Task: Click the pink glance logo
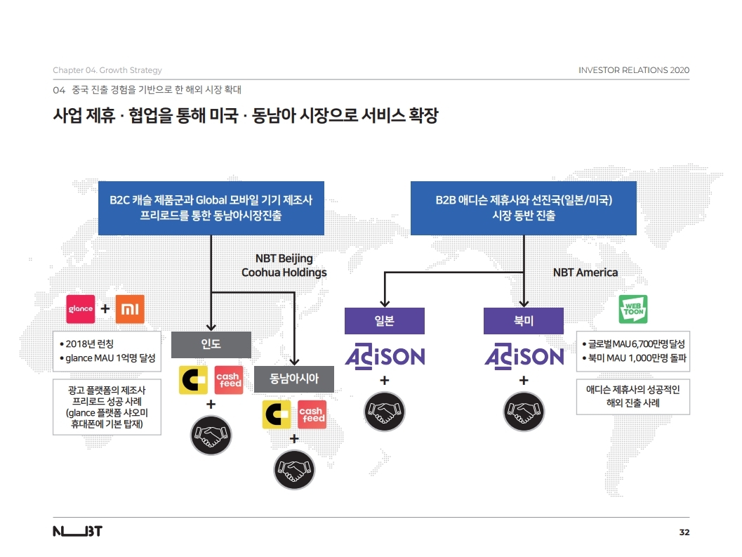pyautogui.click(x=81, y=309)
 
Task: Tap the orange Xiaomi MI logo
pyautogui.click(x=130, y=309)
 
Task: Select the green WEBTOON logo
pyautogui.click(x=633, y=309)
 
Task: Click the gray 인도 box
pyautogui.click(x=211, y=344)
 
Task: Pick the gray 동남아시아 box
pyautogui.click(x=294, y=379)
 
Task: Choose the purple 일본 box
pyautogui.click(x=385, y=321)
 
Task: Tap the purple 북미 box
pyautogui.click(x=524, y=321)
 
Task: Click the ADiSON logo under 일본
pyautogui.click(x=385, y=356)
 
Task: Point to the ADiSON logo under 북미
pyautogui.click(x=524, y=356)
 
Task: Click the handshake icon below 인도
pyautogui.click(x=211, y=435)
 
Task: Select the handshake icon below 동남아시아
pyautogui.click(x=294, y=470)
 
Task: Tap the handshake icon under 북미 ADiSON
pyautogui.click(x=524, y=412)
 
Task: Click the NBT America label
pyautogui.click(x=585, y=273)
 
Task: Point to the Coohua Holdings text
pyautogui.click(x=284, y=273)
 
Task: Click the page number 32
pyautogui.click(x=684, y=532)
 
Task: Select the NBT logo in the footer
pyautogui.click(x=78, y=532)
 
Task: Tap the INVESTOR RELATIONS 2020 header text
pyautogui.click(x=634, y=70)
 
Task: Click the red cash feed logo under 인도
pyautogui.click(x=229, y=380)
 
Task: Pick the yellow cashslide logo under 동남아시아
pyautogui.click(x=277, y=414)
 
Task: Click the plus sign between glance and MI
pyautogui.click(x=105, y=309)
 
